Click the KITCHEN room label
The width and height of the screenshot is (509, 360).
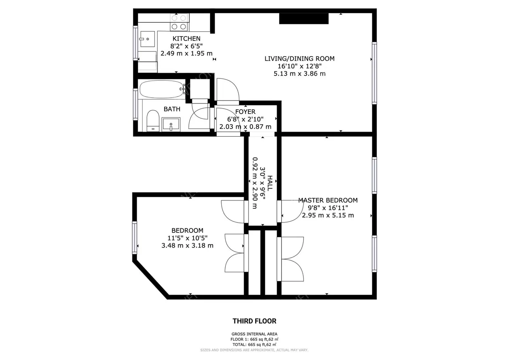click(186, 39)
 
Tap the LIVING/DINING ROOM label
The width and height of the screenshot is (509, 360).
click(299, 59)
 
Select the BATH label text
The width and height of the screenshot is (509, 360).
click(172, 109)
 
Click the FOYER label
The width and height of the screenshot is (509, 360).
click(245, 112)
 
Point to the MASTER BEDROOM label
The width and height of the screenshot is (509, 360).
click(328, 200)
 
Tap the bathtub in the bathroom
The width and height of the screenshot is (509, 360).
click(161, 89)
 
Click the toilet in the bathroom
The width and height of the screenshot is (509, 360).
click(153, 120)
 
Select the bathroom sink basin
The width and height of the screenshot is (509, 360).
click(171, 124)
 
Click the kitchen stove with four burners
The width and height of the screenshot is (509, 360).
click(179, 22)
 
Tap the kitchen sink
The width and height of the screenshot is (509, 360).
click(147, 39)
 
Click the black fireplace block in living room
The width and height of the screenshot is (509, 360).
click(304, 19)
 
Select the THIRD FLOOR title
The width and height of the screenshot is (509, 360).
click(254, 321)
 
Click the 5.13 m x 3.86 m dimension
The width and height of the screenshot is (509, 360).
click(299, 73)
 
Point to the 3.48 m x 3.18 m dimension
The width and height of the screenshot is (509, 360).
click(187, 245)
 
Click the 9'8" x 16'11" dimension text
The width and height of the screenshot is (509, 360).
click(328, 208)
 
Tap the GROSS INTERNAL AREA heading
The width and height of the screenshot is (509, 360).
click(254, 334)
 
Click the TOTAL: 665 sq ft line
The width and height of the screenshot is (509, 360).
click(254, 345)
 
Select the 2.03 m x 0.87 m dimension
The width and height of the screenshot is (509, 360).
click(245, 127)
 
